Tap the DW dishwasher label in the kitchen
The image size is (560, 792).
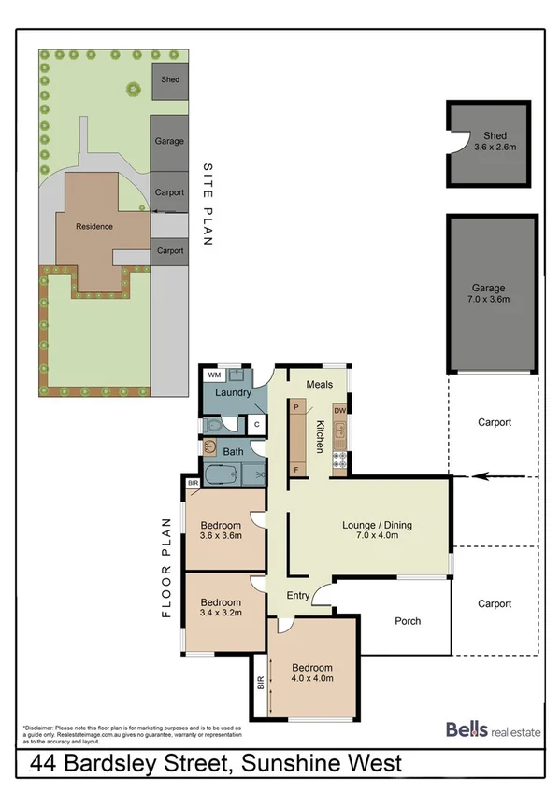340,410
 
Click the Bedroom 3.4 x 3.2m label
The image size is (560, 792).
222,608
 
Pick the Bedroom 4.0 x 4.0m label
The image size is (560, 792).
312,673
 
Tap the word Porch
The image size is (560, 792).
408,621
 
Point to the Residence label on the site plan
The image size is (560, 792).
94,226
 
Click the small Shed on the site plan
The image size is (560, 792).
169,80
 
